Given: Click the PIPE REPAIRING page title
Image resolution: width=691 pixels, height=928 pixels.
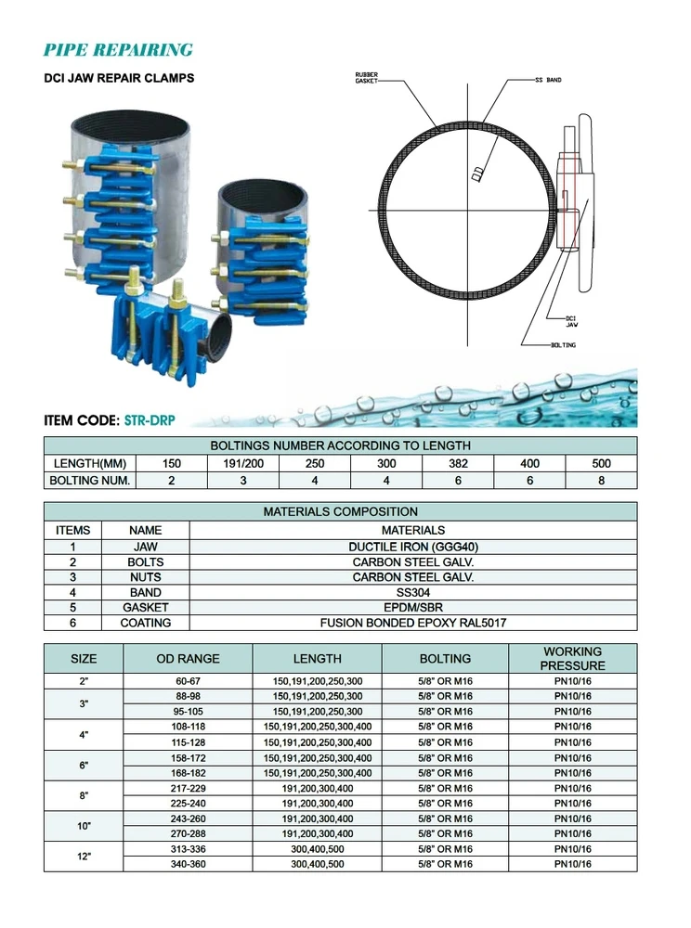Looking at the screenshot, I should [x=118, y=50].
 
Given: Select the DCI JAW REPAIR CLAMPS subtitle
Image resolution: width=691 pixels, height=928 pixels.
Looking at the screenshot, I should [x=120, y=79].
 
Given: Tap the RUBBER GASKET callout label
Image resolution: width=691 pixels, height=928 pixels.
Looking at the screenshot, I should [x=369, y=79].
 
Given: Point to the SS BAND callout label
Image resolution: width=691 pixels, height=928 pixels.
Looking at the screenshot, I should [x=548, y=81].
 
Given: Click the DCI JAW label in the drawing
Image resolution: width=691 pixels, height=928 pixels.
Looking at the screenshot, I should [x=573, y=321].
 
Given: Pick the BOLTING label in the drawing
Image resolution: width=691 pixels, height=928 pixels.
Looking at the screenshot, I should [x=563, y=345].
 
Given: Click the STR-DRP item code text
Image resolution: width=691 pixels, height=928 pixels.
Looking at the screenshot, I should [x=156, y=419].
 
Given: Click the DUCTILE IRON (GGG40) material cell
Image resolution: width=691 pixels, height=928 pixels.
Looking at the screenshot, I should [x=413, y=548].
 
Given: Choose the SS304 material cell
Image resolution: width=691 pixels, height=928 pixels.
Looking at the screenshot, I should [x=413, y=592].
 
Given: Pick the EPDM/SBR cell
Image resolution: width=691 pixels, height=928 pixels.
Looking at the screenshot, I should [x=413, y=607].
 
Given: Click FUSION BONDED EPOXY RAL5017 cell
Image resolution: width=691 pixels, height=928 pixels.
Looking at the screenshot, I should [x=413, y=623].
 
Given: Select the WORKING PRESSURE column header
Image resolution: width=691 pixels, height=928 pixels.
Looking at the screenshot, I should [x=573, y=658].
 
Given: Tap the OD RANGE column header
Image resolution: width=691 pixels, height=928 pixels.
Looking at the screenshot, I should [x=188, y=658].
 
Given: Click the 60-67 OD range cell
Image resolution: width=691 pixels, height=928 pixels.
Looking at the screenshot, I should [x=188, y=680].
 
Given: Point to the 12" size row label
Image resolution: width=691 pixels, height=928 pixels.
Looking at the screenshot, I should [x=84, y=857].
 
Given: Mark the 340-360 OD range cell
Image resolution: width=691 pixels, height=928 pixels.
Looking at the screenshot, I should [x=188, y=864].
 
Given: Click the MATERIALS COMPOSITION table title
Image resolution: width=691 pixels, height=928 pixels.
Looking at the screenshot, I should [x=341, y=511].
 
